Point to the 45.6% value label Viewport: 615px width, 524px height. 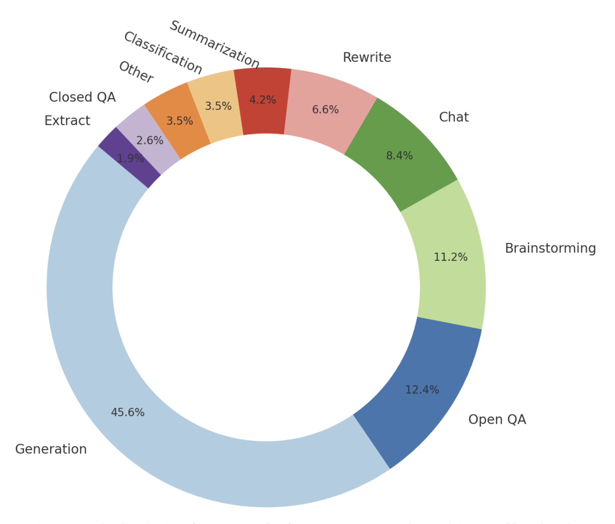[128, 412]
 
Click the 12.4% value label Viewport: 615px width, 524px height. [422, 390]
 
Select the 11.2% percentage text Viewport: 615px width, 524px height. [450, 257]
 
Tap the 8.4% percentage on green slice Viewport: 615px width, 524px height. [399, 156]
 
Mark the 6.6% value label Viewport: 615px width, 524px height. [325, 110]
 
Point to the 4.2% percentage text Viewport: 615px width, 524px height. [262, 100]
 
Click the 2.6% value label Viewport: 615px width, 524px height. [150, 140]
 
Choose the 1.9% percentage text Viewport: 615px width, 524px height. [130, 158]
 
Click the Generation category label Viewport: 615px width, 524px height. [51, 449]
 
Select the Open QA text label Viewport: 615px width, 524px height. [497, 420]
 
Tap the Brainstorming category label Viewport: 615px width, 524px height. [550, 248]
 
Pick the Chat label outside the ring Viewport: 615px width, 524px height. [453, 117]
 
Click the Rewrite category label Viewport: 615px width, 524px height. [367, 57]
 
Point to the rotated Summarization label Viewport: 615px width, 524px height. [214, 44]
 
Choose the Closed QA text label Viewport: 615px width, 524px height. [82, 97]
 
